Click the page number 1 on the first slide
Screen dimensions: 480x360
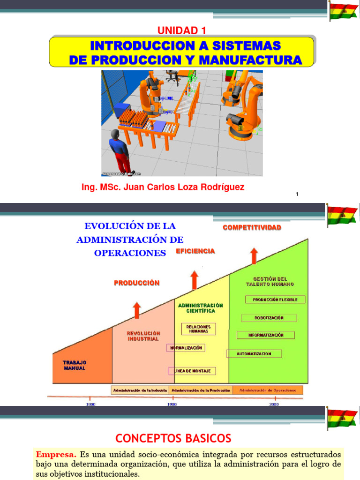point(297,195)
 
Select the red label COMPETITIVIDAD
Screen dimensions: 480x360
point(252,227)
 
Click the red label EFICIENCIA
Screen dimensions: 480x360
point(195,251)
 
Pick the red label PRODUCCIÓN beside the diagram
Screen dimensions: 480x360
point(136,283)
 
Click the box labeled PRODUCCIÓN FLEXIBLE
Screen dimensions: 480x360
point(275,299)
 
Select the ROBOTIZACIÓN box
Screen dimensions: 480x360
point(269,317)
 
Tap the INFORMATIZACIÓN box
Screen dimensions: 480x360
point(265,335)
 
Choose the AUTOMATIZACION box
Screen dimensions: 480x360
point(254,353)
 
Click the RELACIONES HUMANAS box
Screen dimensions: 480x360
point(198,329)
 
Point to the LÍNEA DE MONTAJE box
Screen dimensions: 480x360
point(192,371)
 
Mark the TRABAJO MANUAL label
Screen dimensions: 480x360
point(75,365)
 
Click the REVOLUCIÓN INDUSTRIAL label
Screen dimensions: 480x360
point(143,336)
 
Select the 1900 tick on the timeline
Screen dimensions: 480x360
point(172,404)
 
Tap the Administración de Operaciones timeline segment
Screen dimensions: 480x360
point(268,390)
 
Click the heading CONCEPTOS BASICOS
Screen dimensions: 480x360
point(173,438)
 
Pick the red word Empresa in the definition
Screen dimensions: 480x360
point(56,454)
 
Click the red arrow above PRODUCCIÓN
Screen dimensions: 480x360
point(136,309)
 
